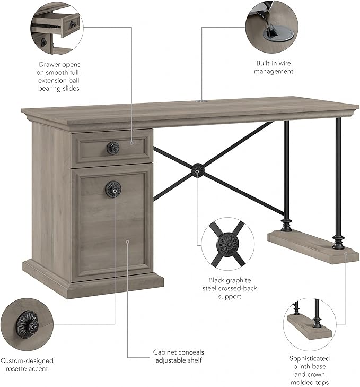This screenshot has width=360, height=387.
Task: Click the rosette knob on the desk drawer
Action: [113, 148]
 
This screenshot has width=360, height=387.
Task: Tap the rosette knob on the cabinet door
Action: [113, 190]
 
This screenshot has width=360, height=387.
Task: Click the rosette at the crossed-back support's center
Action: [198, 170]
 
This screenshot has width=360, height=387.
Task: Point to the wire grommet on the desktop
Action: [201, 101]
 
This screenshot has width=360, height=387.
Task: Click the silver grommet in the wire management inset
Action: [278, 35]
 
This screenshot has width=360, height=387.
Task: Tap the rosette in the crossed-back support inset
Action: [229, 244]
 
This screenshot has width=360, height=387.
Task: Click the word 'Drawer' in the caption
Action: [49, 65]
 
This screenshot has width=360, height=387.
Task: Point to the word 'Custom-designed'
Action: [27, 361]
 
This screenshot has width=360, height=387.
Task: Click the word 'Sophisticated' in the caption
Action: [310, 358]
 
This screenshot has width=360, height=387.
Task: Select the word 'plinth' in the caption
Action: [301, 366]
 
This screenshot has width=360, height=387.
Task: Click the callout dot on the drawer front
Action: [131, 143]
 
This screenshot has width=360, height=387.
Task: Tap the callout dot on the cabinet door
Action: [127, 242]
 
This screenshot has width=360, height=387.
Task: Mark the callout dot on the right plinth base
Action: [346, 253]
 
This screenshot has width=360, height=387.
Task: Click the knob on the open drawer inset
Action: [73, 24]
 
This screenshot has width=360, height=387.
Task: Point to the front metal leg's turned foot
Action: [338, 243]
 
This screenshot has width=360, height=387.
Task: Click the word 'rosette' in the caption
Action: [16, 369]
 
